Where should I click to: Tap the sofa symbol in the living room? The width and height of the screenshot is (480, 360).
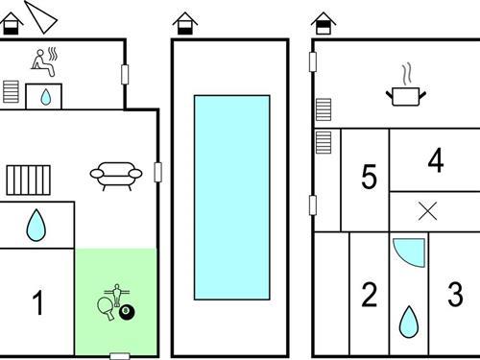tap(116, 176)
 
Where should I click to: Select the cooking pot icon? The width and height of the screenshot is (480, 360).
tap(406, 93)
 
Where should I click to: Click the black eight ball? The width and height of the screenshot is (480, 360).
tap(127, 312)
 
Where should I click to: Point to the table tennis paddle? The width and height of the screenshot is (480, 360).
tap(106, 308)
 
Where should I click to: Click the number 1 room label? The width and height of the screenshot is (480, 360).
tap(38, 302)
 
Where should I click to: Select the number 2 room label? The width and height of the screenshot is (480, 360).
tap(370, 295)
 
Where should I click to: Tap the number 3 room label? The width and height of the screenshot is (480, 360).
tap(455, 294)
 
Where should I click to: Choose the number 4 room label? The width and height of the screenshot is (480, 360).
tap(436, 160)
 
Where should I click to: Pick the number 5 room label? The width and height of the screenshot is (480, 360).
tap(369, 176)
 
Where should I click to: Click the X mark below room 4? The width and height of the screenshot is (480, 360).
tap(428, 211)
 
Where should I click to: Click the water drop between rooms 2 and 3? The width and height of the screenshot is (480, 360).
tap(409, 322)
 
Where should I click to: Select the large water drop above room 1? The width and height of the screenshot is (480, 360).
tap(36, 226)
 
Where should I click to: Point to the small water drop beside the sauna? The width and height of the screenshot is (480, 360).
tap(46, 97)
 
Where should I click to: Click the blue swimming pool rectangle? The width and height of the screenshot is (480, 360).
tap(232, 197)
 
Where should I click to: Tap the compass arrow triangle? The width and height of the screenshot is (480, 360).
tap(41, 17)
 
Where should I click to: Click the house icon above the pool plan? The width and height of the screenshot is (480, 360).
tap(185, 23)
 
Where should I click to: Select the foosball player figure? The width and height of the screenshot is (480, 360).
tap(117, 295)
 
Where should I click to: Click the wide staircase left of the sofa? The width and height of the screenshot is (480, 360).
tap(29, 180)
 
